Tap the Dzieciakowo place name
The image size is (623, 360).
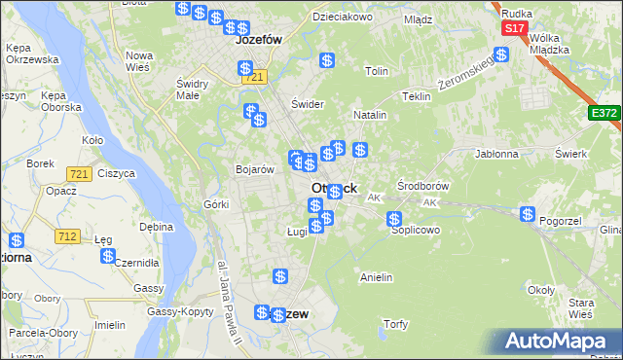point(343,18)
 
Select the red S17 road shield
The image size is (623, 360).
point(515,29)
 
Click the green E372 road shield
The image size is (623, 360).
point(604,114)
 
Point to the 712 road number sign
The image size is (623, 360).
point(68,236)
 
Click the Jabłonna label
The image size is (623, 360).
point(497,154)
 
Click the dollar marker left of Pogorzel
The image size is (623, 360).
point(528,214)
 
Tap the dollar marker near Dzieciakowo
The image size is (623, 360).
point(328,60)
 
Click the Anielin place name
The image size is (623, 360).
point(376,277)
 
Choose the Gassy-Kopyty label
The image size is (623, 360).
point(180,311)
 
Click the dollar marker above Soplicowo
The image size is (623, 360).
point(394,220)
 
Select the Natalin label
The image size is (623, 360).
point(370,115)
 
